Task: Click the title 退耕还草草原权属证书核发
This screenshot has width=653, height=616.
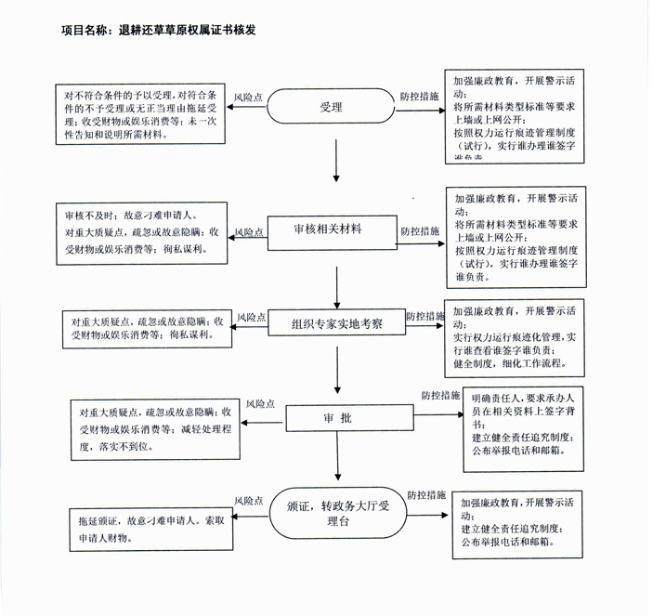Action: [158, 30]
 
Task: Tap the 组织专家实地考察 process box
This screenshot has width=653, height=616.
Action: [337, 324]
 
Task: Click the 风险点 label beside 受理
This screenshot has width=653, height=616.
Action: [248, 96]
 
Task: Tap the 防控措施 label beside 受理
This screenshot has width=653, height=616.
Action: [419, 96]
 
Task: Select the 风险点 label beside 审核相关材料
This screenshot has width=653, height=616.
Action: [250, 231]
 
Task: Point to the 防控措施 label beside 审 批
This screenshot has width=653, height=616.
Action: [440, 395]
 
